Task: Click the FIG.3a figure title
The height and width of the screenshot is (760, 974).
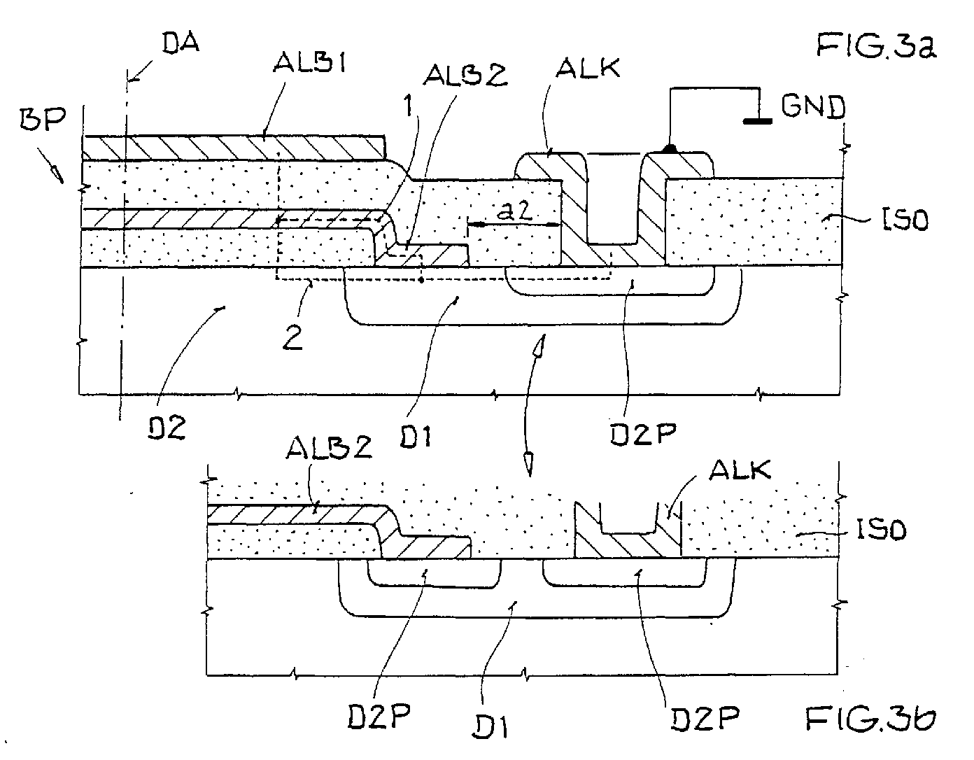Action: [876, 45]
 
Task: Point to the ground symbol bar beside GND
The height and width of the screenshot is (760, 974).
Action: [758, 121]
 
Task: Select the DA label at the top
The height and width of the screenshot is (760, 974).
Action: [181, 43]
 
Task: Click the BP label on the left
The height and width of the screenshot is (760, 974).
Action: [43, 120]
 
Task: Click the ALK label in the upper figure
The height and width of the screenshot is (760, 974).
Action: [588, 69]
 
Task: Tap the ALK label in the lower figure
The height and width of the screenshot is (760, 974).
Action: [740, 469]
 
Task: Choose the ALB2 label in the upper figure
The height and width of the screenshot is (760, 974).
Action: [466, 75]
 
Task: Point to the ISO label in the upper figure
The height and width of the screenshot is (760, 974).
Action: [905, 220]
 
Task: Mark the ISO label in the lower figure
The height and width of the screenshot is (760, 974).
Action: [882, 530]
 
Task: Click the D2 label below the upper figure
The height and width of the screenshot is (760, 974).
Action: [167, 428]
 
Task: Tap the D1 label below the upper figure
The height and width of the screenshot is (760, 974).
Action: [415, 437]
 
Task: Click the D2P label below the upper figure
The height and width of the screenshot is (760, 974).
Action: [643, 433]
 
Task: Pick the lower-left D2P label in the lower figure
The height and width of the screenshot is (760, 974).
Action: [379, 717]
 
